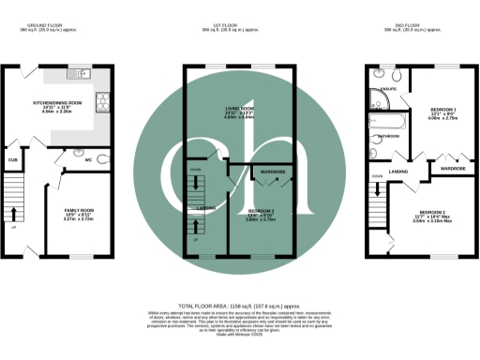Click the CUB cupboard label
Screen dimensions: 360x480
(x=13, y=160)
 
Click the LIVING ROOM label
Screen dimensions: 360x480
(x=224, y=110)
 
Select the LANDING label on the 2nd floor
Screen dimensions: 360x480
(x=397, y=171)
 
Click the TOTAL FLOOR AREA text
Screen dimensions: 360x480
(x=238, y=306)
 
